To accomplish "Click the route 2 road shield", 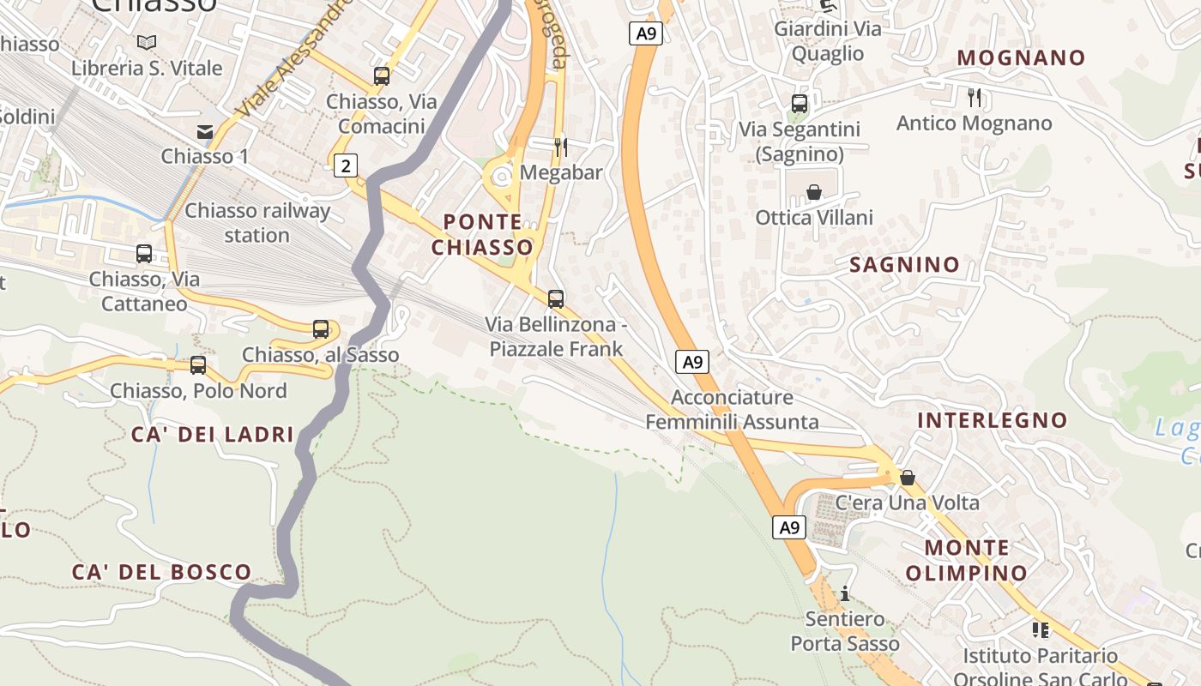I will [345, 165].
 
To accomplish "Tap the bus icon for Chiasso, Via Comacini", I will [382, 76].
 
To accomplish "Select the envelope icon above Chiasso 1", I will [205, 131].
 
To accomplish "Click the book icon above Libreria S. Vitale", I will [147, 42].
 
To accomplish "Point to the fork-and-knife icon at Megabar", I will [560, 147].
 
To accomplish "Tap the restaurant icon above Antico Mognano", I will [974, 97].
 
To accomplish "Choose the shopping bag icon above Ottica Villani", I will [814, 192].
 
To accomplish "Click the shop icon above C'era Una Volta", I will [908, 478].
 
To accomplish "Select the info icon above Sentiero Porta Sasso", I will [845, 593].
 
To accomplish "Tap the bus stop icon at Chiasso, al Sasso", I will [321, 329].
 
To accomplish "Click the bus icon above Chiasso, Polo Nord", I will [198, 365].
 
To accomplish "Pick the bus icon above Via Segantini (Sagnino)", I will [800, 104].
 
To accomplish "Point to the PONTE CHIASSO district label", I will [482, 235].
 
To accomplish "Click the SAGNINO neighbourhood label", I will [904, 265].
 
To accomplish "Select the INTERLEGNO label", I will [992, 420].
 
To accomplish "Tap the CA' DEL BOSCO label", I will [161, 572].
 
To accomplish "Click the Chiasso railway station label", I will [257, 223].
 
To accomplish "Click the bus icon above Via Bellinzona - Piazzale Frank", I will [556, 299].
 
